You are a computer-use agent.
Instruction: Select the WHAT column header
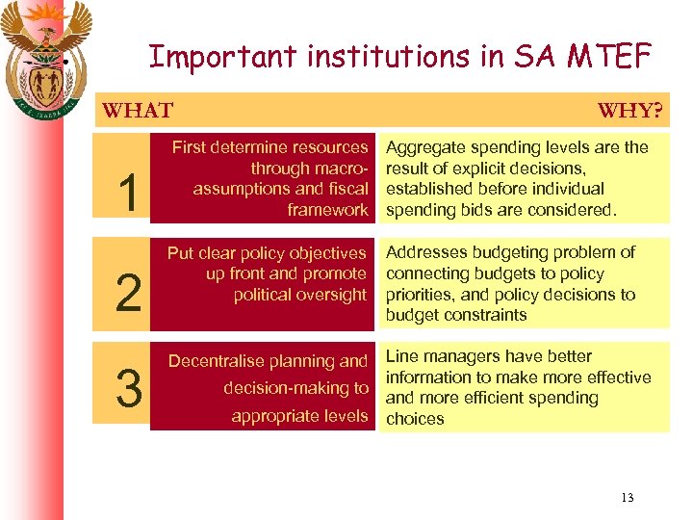tap(138, 111)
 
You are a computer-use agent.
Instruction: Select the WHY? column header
tap(629, 111)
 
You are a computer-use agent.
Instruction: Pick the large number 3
tap(127, 388)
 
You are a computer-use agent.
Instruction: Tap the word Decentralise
tap(216, 361)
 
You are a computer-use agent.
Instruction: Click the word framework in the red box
tap(327, 210)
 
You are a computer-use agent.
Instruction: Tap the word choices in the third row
tap(415, 419)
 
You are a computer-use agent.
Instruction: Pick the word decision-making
tap(287, 388)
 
